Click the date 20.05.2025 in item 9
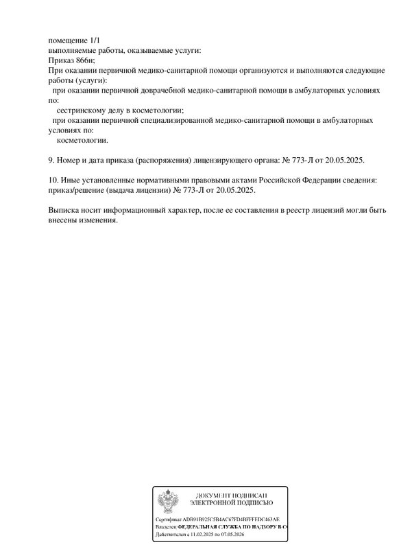[344, 160]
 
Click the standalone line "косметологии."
[82, 140]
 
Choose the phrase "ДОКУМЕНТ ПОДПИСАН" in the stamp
[231, 495]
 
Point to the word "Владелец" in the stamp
[166, 526]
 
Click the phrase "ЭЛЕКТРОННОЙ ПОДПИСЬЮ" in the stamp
[231, 503]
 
